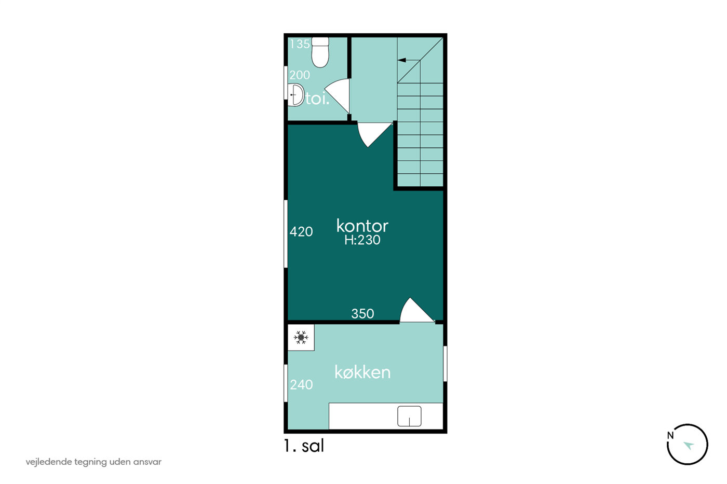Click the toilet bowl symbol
320,52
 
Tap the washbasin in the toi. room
295,94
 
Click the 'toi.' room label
317,99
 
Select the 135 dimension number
300,44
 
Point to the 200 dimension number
300,75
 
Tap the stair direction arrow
409,60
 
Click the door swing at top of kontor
374,134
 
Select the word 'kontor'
362,226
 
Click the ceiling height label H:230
362,240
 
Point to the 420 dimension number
301,231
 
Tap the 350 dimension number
362,313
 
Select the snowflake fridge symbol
301,338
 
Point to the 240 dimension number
301,384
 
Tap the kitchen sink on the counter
409,416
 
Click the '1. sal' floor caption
304,446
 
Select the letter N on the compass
670,435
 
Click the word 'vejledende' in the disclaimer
49,462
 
